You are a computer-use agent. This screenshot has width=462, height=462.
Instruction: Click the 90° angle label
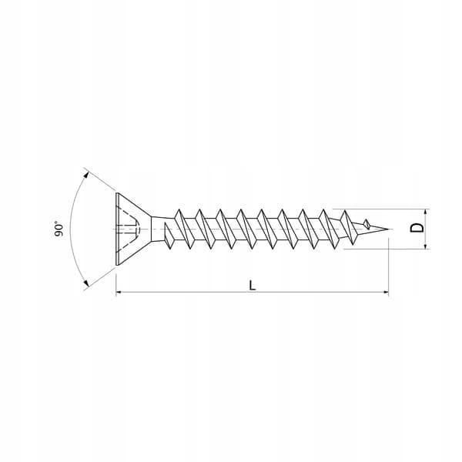(x=59, y=229)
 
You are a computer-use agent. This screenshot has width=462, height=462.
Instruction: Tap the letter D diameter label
(x=417, y=228)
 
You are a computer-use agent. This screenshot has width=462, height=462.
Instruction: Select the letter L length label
(x=253, y=285)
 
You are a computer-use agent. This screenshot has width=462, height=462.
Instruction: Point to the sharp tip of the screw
(x=389, y=229)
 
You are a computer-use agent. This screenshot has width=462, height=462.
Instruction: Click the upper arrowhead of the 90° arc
(x=86, y=175)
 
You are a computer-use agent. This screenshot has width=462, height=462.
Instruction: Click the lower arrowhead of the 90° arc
(x=85, y=283)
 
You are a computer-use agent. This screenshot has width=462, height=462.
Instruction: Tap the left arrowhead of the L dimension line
(x=119, y=292)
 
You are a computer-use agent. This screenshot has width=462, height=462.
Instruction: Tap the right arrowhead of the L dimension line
(x=386, y=292)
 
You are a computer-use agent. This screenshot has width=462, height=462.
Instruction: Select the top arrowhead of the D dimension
(x=425, y=213)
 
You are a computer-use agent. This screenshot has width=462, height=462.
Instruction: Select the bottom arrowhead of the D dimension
(x=425, y=246)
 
